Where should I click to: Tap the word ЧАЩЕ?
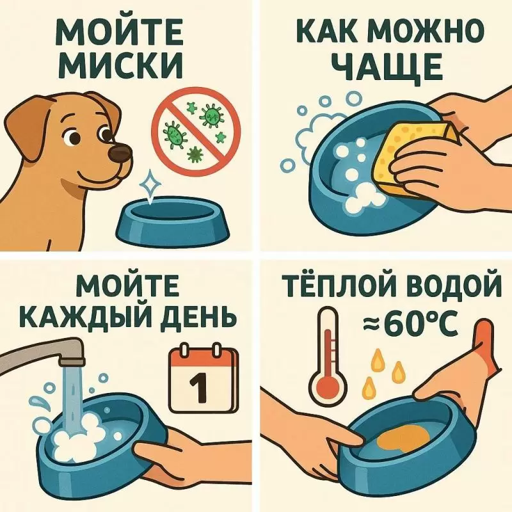pyautogui.click(x=389, y=67)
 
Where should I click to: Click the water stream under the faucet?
pyautogui.click(x=72, y=399)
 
